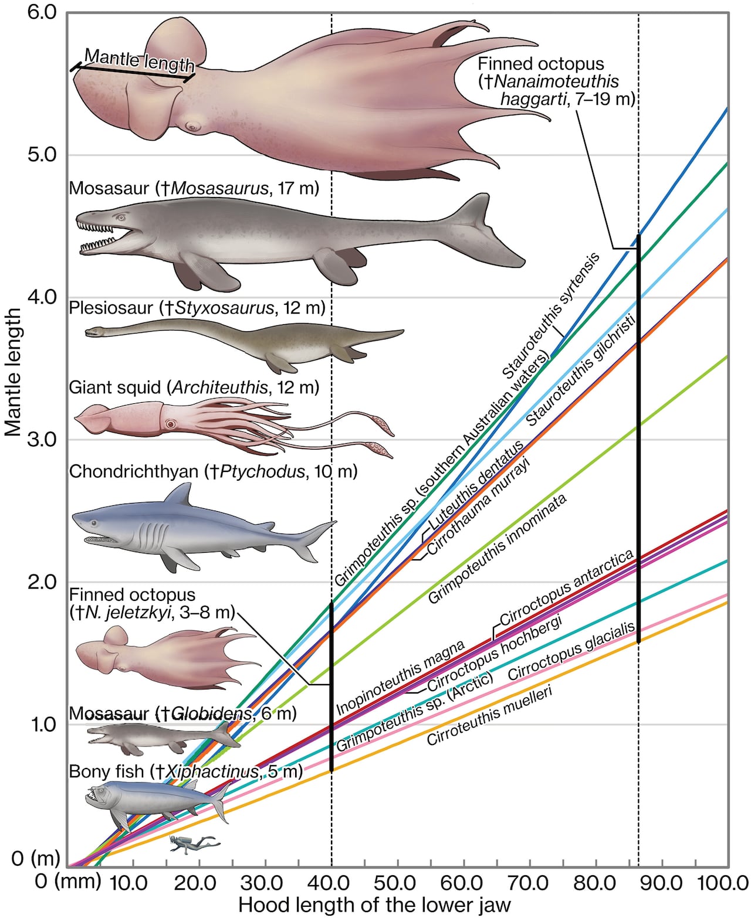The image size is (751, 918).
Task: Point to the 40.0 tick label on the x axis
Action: click(x=331, y=882)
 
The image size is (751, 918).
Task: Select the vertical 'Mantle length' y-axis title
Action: click(x=13, y=372)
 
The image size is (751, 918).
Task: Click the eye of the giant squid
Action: click(x=171, y=423)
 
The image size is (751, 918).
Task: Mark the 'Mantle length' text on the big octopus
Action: click(x=138, y=60)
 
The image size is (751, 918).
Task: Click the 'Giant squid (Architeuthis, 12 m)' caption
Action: click(x=194, y=387)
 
